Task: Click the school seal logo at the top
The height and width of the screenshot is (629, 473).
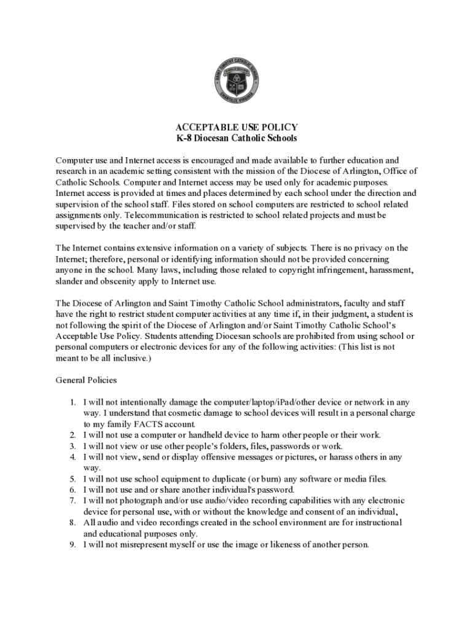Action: [236, 82]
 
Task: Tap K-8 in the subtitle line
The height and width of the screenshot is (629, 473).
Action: [185, 138]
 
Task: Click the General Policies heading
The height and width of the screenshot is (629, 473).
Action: [82, 380]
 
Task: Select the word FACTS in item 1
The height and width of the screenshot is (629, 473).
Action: [138, 424]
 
